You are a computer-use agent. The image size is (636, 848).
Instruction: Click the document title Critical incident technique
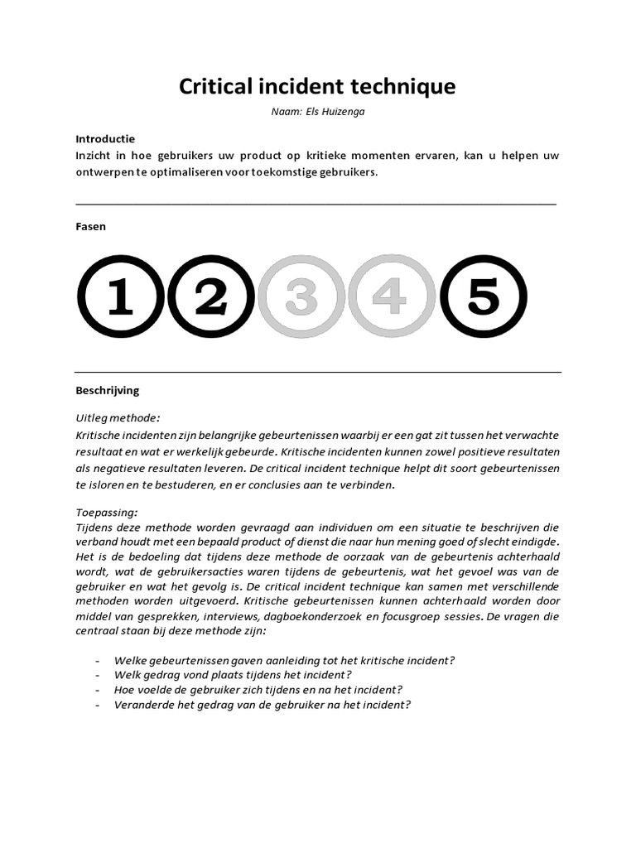tap(318, 86)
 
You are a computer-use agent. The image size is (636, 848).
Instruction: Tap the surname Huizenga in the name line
tap(341, 113)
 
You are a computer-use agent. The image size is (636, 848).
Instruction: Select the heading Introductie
tap(105, 138)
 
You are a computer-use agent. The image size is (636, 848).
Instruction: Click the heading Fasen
tap(90, 226)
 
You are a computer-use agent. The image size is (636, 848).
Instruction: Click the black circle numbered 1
tap(120, 297)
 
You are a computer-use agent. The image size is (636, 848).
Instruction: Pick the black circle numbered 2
tap(210, 297)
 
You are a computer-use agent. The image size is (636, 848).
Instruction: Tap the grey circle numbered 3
tap(301, 297)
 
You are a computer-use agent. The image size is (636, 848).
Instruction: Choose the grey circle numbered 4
tap(392, 297)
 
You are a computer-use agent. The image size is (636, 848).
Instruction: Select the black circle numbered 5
tap(483, 297)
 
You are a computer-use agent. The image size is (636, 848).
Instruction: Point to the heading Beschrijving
tap(108, 389)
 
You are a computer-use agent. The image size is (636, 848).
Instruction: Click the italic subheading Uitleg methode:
tap(118, 418)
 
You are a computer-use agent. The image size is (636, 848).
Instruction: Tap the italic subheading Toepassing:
tap(107, 512)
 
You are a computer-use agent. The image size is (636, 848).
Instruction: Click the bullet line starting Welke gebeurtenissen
tap(285, 660)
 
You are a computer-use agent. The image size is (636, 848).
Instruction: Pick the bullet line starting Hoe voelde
tap(259, 690)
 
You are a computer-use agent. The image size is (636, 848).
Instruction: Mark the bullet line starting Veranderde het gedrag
tap(263, 705)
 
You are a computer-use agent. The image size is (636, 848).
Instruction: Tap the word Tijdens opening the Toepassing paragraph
tap(95, 527)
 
